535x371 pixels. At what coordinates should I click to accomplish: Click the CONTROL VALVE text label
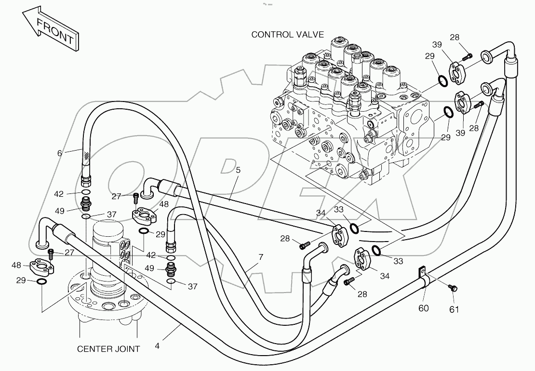[x=287, y=35]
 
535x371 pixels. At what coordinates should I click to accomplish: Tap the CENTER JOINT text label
[x=108, y=349]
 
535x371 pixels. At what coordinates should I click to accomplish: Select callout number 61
[x=454, y=309]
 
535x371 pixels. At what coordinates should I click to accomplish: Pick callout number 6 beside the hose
[x=59, y=153]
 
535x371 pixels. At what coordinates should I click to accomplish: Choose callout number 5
[x=238, y=170]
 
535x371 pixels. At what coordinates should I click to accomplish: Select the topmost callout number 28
[x=455, y=38]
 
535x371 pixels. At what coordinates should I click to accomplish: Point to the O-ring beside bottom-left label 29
[x=42, y=281]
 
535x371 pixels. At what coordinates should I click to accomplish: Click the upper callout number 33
[x=339, y=209]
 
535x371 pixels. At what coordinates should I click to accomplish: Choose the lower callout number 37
[x=192, y=286]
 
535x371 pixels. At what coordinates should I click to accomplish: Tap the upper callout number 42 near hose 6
[x=59, y=194]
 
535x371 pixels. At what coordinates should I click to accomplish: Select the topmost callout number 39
[x=437, y=44]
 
